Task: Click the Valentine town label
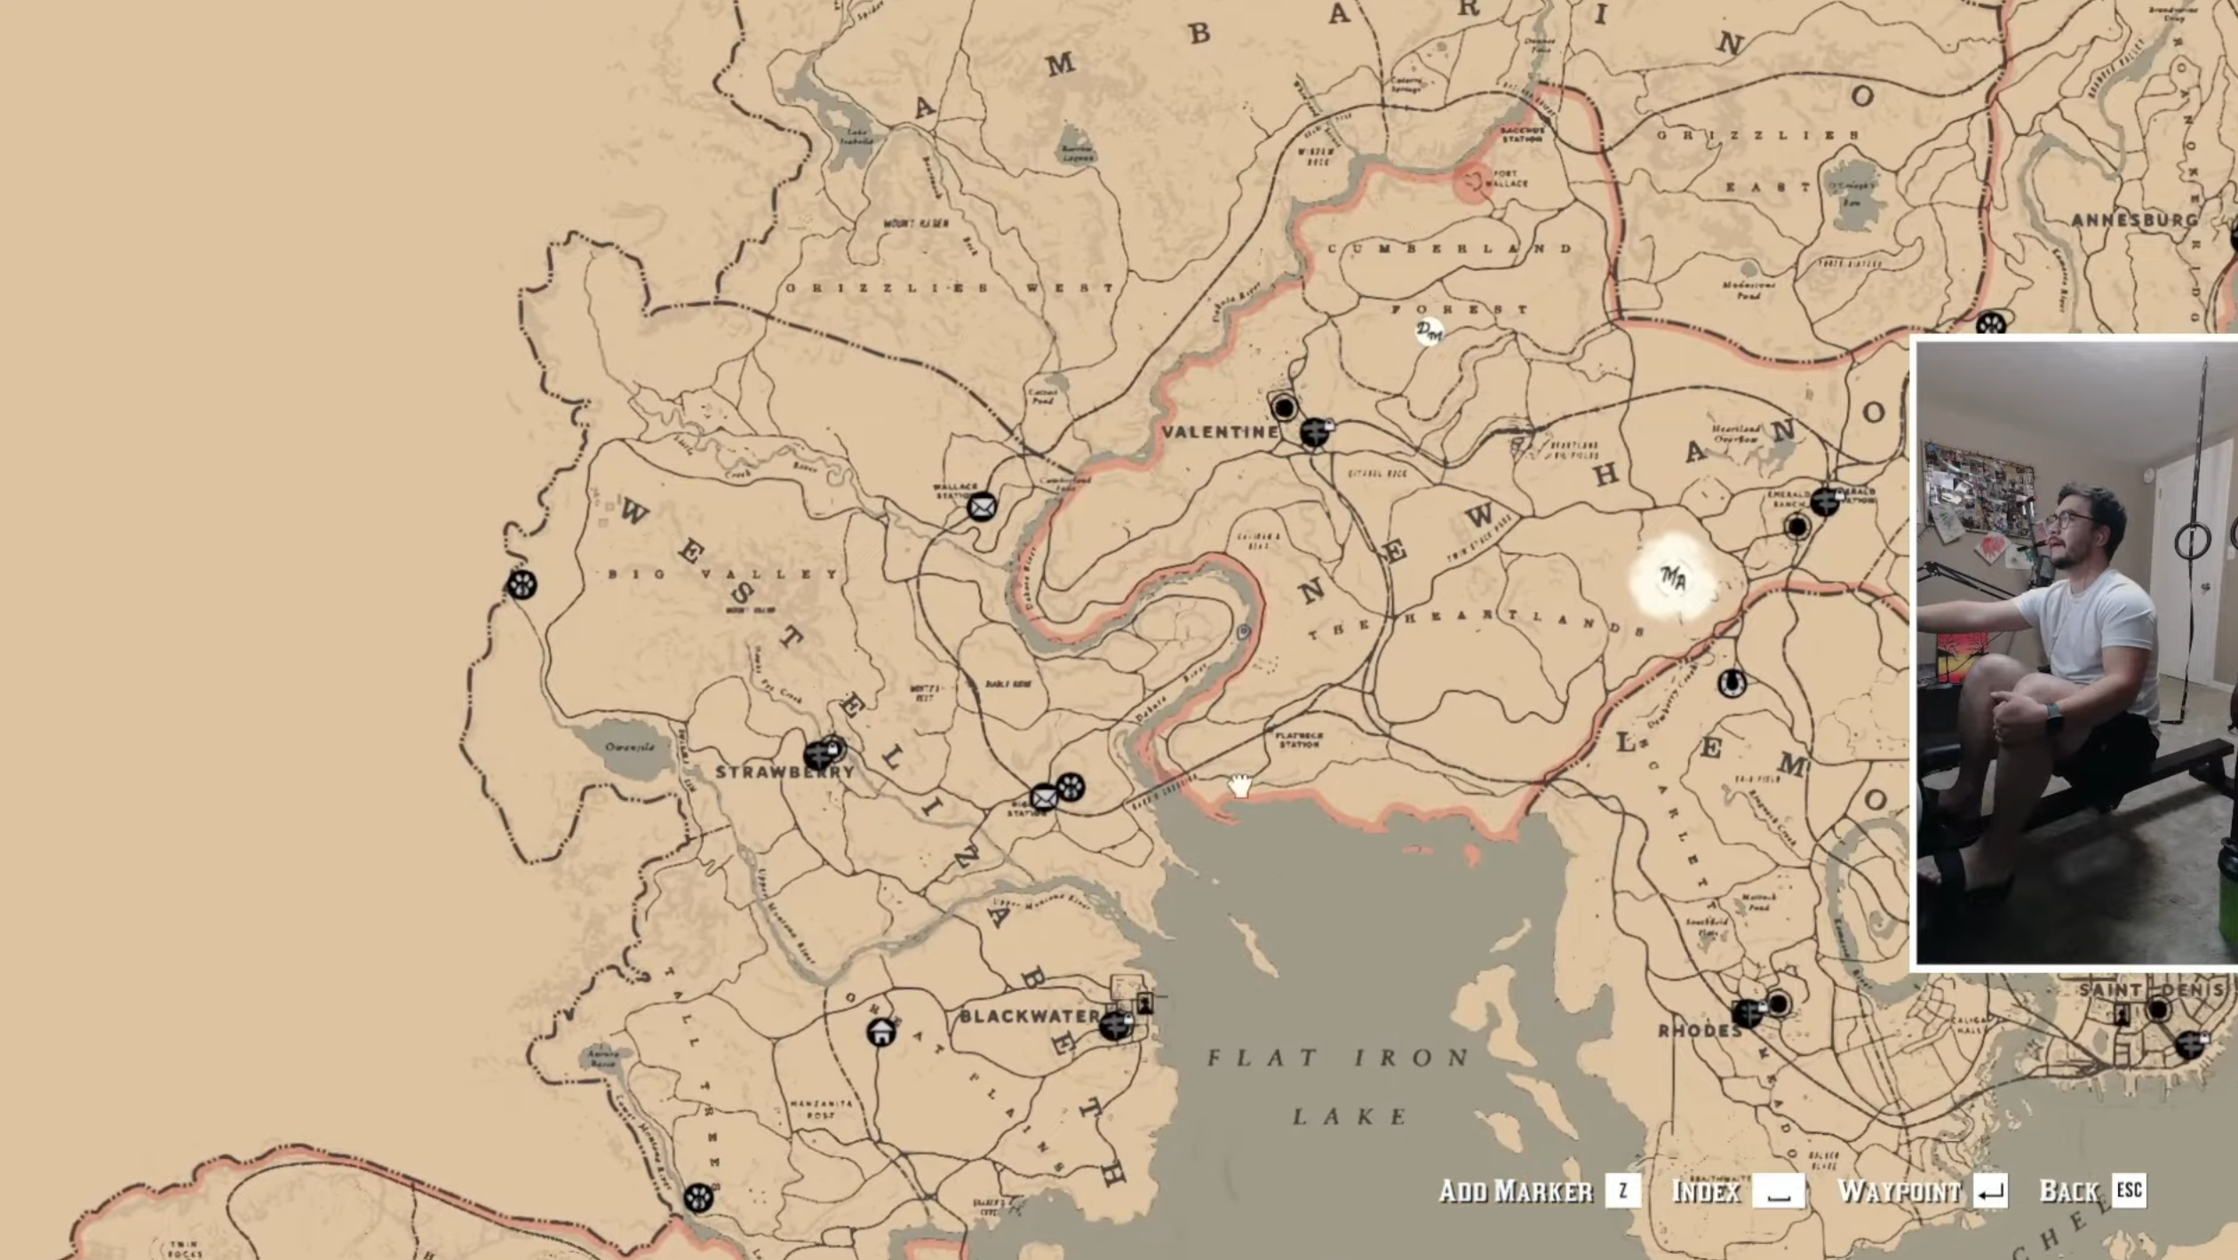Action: tap(1220, 432)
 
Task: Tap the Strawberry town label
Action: tap(784, 772)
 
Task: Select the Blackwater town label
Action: tap(1029, 1016)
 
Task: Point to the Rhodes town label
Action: tap(1699, 1031)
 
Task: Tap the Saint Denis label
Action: tap(2155, 989)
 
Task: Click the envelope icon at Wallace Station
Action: tap(982, 507)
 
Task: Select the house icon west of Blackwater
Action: tap(880, 1033)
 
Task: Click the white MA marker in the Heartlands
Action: tap(1673, 580)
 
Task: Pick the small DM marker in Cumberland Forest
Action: tap(1429, 332)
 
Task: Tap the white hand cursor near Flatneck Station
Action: tap(1239, 785)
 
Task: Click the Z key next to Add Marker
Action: tap(1622, 1191)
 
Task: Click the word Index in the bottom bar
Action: tap(1705, 1192)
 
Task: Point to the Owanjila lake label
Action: tap(629, 747)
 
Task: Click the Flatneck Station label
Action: tap(1299, 740)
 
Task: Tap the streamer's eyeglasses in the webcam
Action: tap(2068, 519)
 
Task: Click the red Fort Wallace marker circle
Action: tap(1473, 182)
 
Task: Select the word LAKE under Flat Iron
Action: tap(1349, 1116)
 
